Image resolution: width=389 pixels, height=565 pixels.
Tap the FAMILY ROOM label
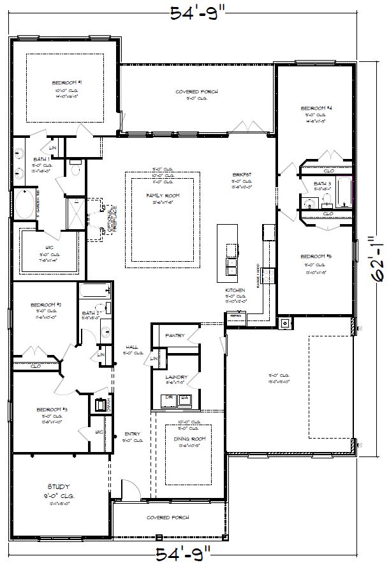(x=163, y=195)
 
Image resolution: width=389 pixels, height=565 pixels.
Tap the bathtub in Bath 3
(x=345, y=191)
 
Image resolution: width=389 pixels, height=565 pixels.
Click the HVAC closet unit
(x=101, y=404)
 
